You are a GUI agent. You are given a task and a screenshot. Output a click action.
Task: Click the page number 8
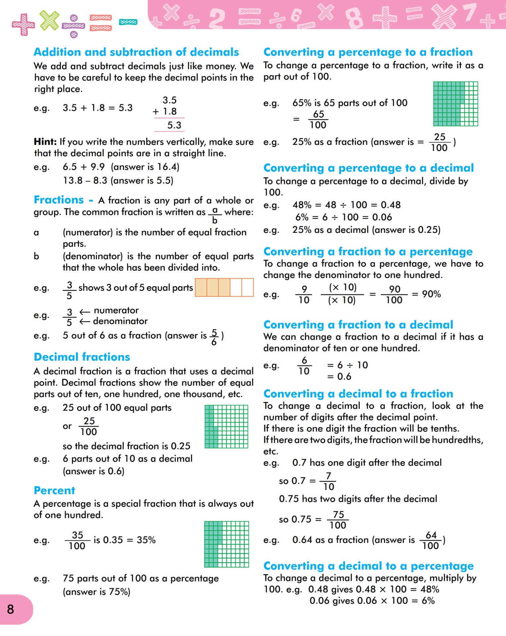pyautogui.click(x=11, y=609)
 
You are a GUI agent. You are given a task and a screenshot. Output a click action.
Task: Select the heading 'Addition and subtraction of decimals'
pyautogui.click(x=136, y=52)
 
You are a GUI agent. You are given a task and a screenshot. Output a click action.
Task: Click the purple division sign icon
pyautogui.click(x=74, y=26)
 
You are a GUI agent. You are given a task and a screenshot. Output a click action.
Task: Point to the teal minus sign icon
pyautogui.click(x=128, y=22)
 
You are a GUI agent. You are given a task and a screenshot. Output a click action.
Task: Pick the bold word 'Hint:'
pyautogui.click(x=45, y=142)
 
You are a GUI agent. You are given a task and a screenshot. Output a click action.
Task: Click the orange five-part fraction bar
pyautogui.click(x=224, y=287)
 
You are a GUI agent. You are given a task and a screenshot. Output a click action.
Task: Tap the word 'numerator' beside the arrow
pyautogui.click(x=116, y=310)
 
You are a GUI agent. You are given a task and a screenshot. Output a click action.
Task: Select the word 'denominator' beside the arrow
pyautogui.click(x=120, y=321)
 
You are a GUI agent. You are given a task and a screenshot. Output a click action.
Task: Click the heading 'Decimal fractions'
pyautogui.click(x=82, y=357)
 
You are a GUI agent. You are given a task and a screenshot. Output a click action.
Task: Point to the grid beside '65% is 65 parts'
pyautogui.click(x=456, y=104)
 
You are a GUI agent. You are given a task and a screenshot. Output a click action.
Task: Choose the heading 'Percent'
pyautogui.click(x=54, y=490)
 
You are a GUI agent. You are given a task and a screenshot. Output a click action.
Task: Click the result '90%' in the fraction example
pyautogui.click(x=431, y=294)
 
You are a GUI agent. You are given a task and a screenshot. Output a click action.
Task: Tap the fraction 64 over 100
pyautogui.click(x=431, y=540)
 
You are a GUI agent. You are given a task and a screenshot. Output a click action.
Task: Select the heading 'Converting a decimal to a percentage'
pyautogui.click(x=369, y=566)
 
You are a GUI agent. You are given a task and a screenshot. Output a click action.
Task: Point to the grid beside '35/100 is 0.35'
pyautogui.click(x=227, y=544)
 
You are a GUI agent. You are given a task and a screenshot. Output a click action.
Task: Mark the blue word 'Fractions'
pyautogui.click(x=59, y=200)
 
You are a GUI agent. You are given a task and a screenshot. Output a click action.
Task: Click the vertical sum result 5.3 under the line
pyautogui.click(x=174, y=125)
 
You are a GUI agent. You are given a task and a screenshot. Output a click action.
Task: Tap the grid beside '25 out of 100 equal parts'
pyautogui.click(x=226, y=426)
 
